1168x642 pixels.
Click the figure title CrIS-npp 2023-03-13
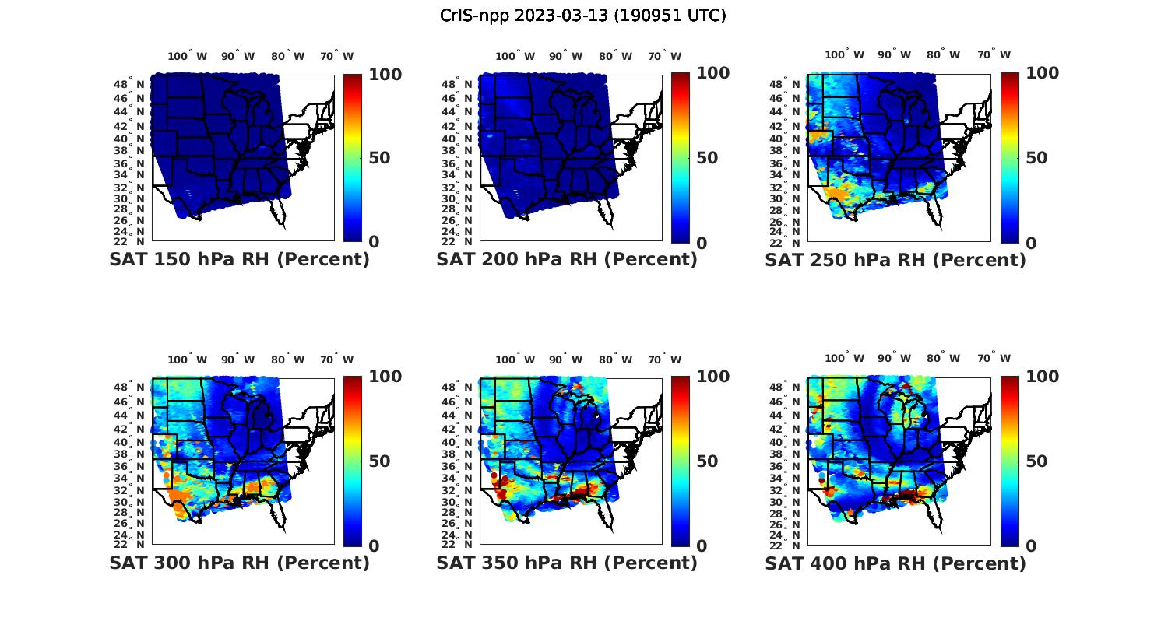pyautogui.click(x=582, y=16)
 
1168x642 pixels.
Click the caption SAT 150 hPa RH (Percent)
pyautogui.click(x=239, y=260)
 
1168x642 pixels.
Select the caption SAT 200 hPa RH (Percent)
pyautogui.click(x=567, y=260)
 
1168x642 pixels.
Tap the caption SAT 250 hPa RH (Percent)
pyautogui.click(x=895, y=260)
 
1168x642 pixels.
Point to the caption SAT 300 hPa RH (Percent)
pyautogui.click(x=239, y=563)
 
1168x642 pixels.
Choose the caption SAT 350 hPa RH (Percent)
pyautogui.click(x=567, y=563)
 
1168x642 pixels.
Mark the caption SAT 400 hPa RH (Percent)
pyautogui.click(x=895, y=563)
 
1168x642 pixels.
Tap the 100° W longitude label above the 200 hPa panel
pyautogui.click(x=515, y=56)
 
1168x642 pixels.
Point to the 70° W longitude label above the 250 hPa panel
pyautogui.click(x=994, y=55)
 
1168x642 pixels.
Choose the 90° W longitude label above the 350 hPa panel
pyautogui.click(x=565, y=360)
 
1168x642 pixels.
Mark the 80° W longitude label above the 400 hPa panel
pyautogui.click(x=943, y=359)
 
